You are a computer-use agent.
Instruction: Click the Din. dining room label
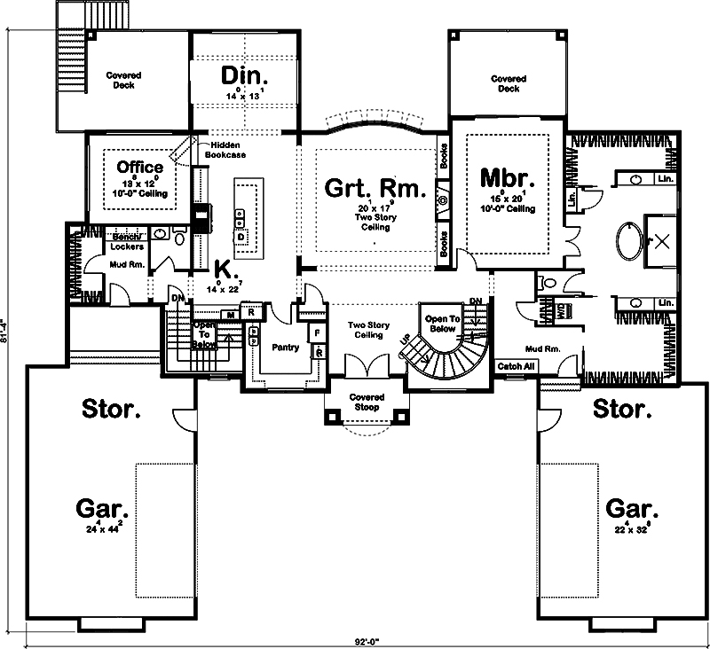click(x=244, y=74)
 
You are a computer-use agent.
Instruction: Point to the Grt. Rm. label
click(x=375, y=189)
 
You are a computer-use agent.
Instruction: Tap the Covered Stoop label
click(x=367, y=402)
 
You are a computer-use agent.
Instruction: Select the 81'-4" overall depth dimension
click(x=9, y=330)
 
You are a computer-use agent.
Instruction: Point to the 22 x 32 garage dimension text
click(x=631, y=530)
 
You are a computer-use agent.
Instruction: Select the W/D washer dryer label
click(x=561, y=309)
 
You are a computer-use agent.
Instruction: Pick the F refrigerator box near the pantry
click(x=316, y=332)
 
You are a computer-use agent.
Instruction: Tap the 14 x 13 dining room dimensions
click(x=244, y=94)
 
